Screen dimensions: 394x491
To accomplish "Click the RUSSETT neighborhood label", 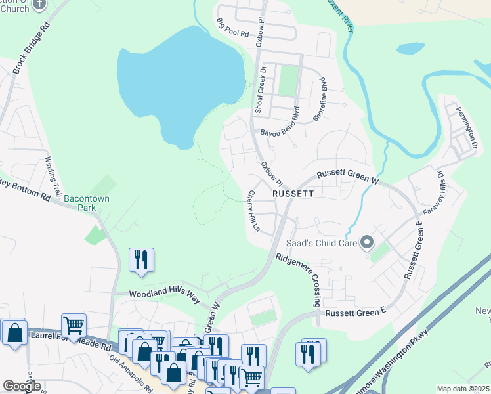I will coord(293,194).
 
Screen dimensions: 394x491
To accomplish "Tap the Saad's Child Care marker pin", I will coord(367,244).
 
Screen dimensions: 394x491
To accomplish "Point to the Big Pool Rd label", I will coord(233,28).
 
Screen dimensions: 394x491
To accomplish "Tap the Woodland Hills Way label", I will coord(164,296).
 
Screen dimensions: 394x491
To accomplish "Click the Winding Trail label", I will coord(53,177).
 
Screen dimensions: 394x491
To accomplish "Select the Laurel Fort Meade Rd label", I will coord(71,339).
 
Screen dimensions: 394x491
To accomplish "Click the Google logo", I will coord(22,385).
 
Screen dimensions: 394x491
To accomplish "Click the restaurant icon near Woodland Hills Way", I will coord(141,259).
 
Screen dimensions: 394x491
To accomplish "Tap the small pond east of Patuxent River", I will coord(410,48).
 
